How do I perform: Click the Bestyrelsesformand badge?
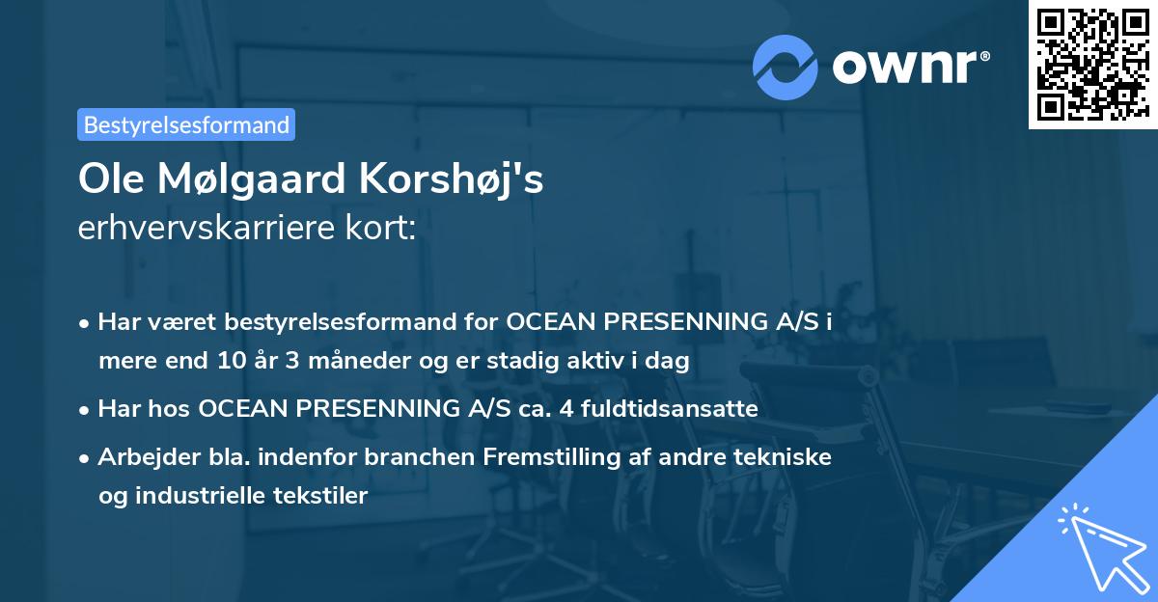[186, 124]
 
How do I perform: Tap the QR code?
[1090, 64]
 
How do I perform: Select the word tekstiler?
[321, 497]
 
